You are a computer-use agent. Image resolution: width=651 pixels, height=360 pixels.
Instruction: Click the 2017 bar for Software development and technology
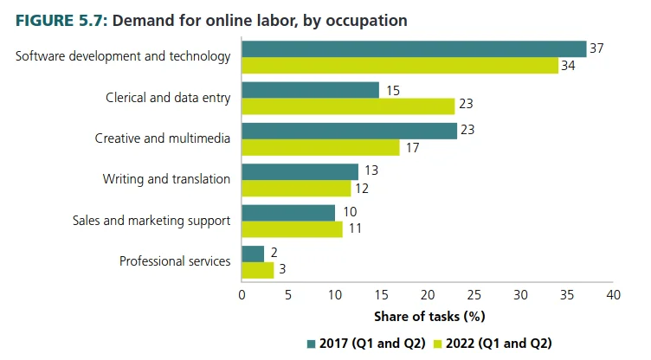click(414, 48)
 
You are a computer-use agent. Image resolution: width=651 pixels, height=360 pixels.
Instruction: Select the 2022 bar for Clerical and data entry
click(348, 106)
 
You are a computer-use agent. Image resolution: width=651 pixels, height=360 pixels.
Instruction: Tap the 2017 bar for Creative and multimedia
click(349, 131)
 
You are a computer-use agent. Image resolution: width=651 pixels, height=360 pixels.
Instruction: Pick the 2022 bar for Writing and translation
click(296, 188)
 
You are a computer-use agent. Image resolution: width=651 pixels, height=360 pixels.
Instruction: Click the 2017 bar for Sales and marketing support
click(288, 213)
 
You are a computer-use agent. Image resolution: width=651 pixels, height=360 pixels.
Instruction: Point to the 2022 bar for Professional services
click(258, 270)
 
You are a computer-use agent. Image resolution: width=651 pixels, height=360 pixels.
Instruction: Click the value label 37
click(596, 48)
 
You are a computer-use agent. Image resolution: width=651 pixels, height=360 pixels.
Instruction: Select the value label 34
click(568, 66)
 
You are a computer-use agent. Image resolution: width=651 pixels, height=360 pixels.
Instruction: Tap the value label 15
click(392, 90)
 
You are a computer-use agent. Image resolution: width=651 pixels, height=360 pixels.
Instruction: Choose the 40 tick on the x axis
click(614, 295)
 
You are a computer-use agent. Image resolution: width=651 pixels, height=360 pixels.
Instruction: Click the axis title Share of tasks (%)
click(428, 317)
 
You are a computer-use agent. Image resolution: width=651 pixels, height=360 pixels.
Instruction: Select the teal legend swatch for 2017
click(313, 343)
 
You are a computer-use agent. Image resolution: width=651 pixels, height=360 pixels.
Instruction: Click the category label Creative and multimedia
click(162, 138)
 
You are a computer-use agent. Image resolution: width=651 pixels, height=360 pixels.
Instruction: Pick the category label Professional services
click(175, 260)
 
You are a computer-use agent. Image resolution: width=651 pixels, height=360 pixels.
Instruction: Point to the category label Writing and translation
click(166, 179)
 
